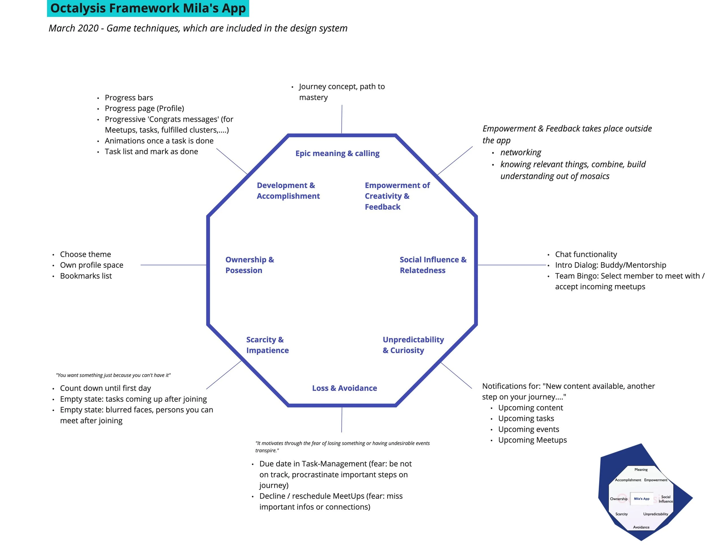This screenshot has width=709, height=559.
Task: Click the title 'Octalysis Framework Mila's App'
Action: [148, 9]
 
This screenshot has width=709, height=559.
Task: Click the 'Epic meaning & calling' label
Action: [337, 154]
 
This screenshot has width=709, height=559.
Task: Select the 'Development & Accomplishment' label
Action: [288, 190]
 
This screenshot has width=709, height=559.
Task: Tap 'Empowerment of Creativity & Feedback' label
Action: [397, 196]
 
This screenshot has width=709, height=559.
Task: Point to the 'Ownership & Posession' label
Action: [249, 265]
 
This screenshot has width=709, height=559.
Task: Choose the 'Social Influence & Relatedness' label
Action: [433, 265]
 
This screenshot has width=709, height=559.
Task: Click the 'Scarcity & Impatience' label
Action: [267, 345]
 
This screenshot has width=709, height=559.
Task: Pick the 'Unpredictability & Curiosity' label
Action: [413, 345]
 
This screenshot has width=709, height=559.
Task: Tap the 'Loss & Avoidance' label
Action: [344, 388]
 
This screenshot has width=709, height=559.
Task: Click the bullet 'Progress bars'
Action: [129, 98]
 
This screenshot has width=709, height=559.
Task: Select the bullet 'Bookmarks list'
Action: [86, 276]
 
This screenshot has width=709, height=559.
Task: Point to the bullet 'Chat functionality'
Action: [586, 254]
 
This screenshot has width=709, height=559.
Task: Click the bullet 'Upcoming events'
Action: [528, 429]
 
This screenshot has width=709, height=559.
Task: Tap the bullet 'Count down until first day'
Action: [105, 388]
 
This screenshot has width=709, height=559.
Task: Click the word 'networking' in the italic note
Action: [520, 152]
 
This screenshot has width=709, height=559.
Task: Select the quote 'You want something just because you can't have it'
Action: [113, 375]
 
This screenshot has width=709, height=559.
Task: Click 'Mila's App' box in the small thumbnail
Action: [641, 499]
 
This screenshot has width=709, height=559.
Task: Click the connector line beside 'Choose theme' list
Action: [173, 265]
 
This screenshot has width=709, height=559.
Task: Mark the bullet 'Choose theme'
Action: [85, 254]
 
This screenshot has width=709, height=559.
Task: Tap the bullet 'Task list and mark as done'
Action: [151, 152]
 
